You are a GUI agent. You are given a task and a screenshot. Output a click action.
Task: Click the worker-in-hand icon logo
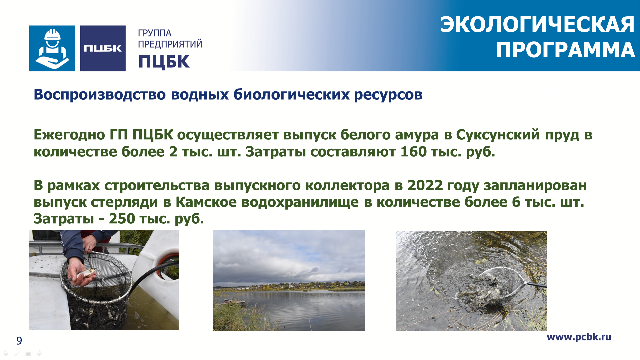52,48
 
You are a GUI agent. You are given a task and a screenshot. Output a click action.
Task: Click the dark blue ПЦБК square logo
103,48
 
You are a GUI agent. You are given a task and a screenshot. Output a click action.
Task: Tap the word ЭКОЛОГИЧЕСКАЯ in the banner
537,25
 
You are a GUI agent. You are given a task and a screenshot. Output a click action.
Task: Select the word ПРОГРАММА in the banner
565,50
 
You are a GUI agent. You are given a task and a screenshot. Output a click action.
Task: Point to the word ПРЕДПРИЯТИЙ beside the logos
170,44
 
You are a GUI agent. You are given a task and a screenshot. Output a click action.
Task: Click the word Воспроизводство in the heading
100,95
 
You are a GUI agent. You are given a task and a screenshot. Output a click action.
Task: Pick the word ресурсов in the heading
388,95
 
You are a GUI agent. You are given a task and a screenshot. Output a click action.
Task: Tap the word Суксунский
498,135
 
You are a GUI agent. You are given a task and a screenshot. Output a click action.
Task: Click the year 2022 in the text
425,185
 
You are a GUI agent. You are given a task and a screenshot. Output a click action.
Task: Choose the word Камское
206,202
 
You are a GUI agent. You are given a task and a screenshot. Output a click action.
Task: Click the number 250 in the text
122,219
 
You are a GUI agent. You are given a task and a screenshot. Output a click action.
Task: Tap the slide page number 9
19,341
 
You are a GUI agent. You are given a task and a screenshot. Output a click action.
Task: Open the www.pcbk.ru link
579,337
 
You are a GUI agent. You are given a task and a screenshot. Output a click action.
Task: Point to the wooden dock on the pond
235,302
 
